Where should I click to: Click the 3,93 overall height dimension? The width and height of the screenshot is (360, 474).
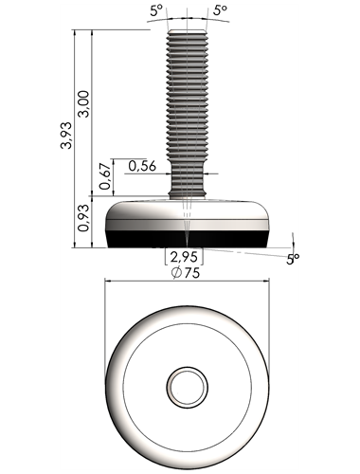coord(67,136)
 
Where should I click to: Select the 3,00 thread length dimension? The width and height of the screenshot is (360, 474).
coord(84,104)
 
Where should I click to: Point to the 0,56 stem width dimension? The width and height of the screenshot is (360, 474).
coord(142,166)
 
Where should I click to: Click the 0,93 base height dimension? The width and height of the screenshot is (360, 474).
coord(84,218)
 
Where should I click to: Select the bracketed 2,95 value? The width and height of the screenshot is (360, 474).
coord(184,257)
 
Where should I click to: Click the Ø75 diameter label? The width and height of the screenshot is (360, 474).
coord(186,273)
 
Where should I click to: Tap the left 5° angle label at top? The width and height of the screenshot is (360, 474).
coord(156,11)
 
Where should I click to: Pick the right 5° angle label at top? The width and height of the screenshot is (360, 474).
coord(220,10)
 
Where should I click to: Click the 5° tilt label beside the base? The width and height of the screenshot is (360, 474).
coord(293,259)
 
